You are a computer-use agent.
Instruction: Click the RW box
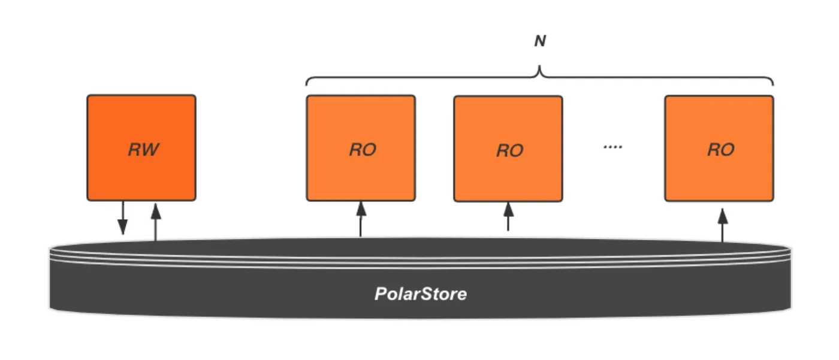pos(141,147)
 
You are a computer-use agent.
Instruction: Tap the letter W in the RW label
pos(150,149)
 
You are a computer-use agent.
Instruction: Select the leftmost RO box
pos(361,148)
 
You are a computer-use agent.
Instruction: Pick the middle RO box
pos(508,149)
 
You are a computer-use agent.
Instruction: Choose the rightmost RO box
pos(719,148)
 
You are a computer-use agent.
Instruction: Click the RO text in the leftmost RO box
pos(363,150)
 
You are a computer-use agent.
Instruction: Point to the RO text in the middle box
pos(510,150)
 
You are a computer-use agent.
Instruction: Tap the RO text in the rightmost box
pos(721,150)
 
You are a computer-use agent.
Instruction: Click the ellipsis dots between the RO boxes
pos(612,147)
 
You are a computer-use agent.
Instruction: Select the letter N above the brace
pos(540,41)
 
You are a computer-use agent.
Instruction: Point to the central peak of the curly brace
pos(539,66)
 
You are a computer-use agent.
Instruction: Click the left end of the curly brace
pos(306,85)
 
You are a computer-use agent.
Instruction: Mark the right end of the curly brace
pos(773,85)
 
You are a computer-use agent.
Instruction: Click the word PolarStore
pos(421,294)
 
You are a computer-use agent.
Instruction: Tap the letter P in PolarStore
pos(381,294)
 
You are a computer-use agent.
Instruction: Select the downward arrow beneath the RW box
pos(123,218)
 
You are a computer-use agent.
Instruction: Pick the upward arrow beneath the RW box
pos(156,222)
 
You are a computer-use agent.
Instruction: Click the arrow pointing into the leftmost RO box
pos(361,219)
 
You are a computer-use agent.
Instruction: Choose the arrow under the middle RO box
pos(508,216)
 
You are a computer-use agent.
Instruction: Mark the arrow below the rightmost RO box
pos(723,225)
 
